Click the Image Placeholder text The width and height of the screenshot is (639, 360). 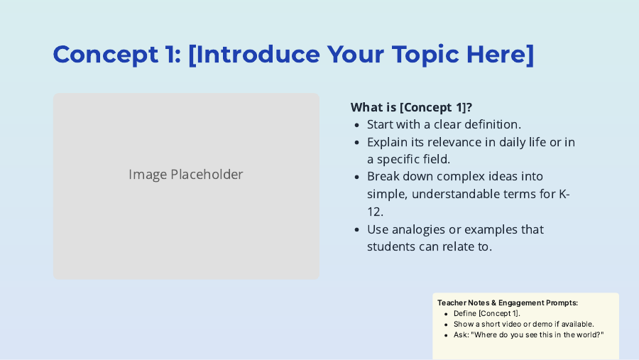coord(186,175)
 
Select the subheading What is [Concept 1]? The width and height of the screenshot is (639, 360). coord(411,107)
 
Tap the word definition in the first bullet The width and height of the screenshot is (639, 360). coord(493,124)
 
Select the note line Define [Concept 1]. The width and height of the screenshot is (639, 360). coord(487,314)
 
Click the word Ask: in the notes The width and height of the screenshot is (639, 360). coord(461,334)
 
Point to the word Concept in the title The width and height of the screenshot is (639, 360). coord(106,55)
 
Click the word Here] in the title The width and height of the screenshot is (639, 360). coord(500,55)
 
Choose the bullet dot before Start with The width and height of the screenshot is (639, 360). coord(357,125)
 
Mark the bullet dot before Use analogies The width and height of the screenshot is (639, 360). coord(357,230)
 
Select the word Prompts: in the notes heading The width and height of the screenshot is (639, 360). coord(562,303)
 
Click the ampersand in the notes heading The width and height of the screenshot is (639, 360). coord(493,303)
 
